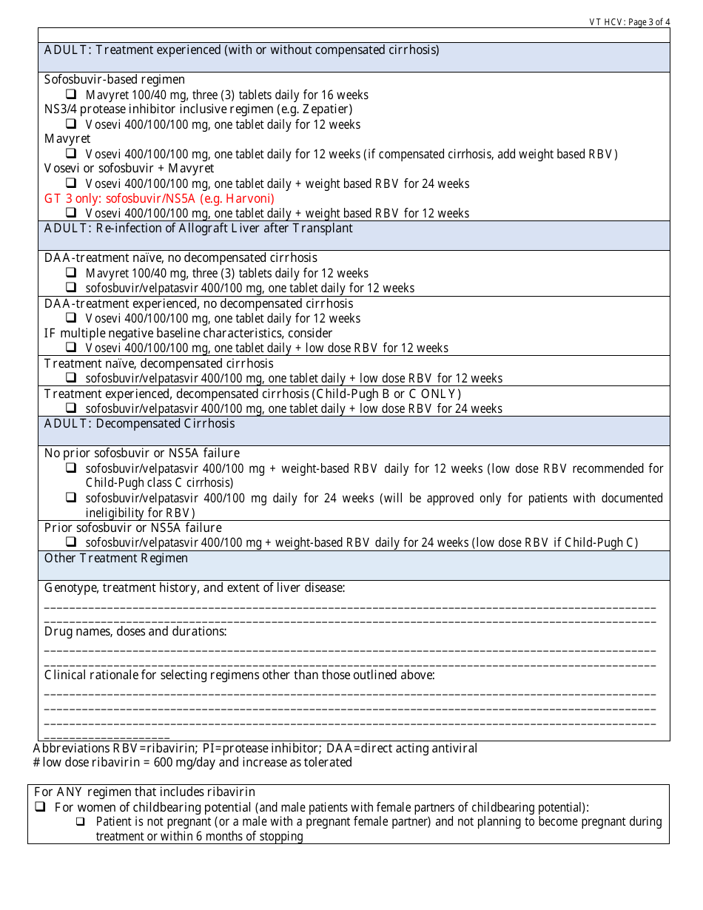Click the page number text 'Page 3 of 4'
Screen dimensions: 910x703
click(648, 22)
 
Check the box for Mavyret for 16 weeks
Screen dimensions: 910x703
click(71, 95)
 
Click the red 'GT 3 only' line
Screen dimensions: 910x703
click(159, 198)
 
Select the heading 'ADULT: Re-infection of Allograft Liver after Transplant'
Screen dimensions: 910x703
click(198, 228)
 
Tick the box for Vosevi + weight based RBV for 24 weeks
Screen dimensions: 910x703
click(71, 183)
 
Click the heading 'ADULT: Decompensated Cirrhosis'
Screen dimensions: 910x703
click(139, 423)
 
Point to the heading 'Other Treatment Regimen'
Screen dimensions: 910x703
click(116, 558)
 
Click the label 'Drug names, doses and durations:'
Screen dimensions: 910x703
click(135, 631)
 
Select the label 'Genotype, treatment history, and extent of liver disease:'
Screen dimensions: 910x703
click(195, 587)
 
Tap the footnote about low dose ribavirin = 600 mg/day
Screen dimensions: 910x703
click(192, 762)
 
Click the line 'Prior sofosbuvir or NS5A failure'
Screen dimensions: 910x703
click(132, 528)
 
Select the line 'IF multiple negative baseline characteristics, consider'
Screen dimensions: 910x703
click(188, 333)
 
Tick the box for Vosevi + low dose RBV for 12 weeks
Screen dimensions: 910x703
click(71, 348)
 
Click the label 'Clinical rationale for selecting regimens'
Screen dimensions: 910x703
click(239, 675)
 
